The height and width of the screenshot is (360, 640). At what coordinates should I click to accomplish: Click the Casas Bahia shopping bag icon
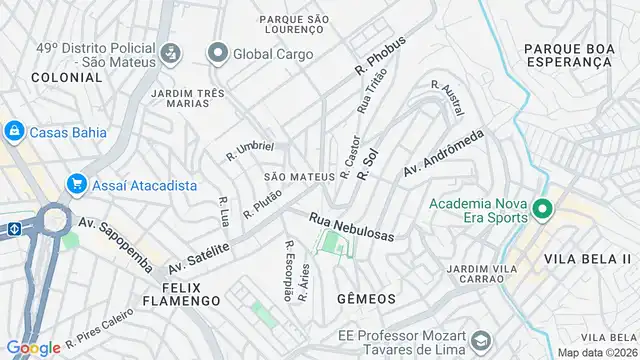coord(14,131)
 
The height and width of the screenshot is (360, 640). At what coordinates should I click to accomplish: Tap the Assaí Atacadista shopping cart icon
coord(76,184)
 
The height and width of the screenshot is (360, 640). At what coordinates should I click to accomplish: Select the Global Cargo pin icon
coord(216,52)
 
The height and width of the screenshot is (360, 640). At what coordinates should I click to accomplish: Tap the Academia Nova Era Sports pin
coord(542,209)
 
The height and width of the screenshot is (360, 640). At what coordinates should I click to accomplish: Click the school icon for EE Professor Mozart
coord(479,342)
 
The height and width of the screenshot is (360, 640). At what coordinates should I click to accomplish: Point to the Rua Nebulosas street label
coord(351,225)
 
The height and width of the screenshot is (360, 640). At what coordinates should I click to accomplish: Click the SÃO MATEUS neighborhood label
coord(298,177)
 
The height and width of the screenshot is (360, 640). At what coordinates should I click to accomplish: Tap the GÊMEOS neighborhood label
coord(366,299)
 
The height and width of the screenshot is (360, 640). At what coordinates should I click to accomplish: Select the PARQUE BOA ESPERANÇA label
coord(567,54)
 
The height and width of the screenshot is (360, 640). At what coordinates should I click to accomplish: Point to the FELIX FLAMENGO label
coord(181,292)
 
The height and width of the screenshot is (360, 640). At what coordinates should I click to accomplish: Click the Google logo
coord(33,347)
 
